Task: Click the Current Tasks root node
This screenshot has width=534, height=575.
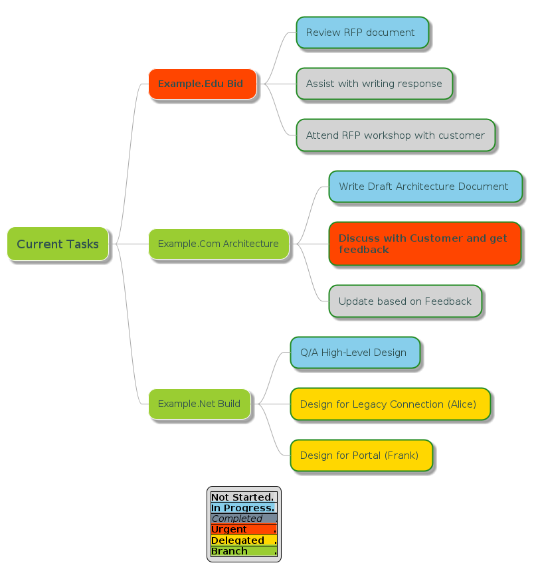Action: pos(58,244)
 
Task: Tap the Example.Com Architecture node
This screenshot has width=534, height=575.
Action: pos(219,244)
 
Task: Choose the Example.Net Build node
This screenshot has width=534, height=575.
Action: pos(199,404)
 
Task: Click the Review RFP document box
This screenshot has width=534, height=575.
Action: pos(362,33)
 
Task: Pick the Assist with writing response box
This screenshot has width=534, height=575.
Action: pos(374,84)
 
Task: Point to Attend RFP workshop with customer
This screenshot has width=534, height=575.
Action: pos(395,135)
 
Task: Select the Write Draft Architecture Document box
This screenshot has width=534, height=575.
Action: pos(424,187)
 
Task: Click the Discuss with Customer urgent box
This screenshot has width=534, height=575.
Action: pos(424,244)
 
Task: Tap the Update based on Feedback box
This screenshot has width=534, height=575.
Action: pos(404,301)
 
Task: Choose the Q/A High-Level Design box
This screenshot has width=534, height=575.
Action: pos(355,353)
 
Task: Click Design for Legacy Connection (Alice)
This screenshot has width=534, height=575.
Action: pos(390,404)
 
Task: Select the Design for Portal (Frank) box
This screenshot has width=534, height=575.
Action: pos(361,455)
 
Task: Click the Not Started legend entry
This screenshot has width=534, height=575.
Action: pos(243,497)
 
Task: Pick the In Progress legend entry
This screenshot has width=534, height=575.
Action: pos(243,508)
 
